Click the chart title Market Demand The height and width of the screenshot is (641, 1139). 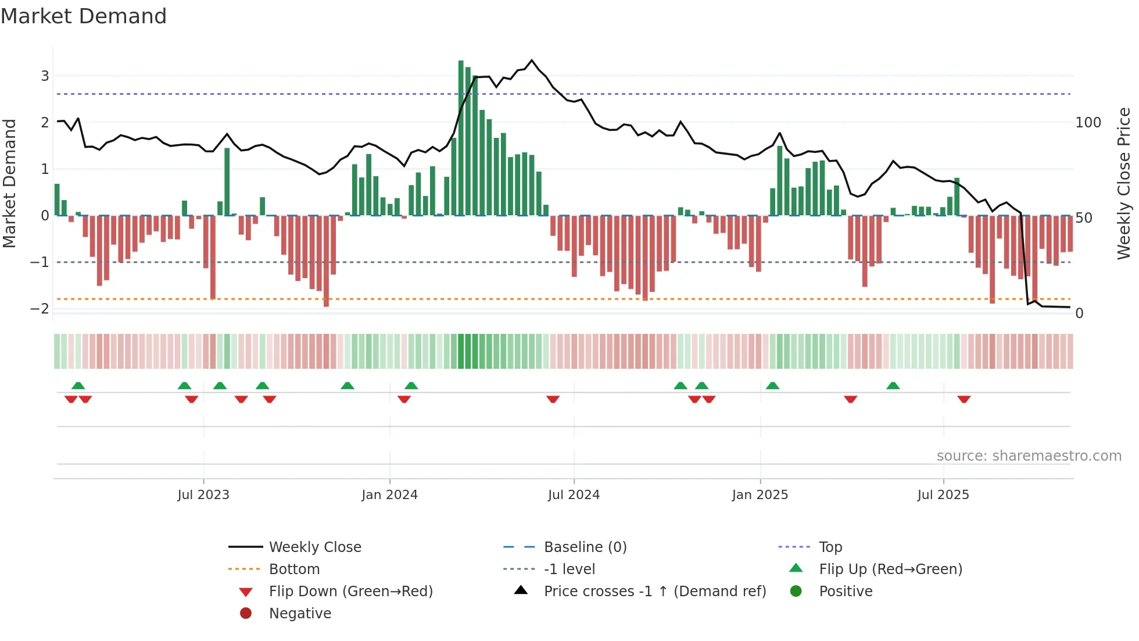point(84,16)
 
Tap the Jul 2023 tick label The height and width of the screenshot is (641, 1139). point(203,495)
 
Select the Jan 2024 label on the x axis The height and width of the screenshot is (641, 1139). point(389,495)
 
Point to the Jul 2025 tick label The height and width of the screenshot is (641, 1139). point(943,495)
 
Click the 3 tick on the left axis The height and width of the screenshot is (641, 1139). point(45,76)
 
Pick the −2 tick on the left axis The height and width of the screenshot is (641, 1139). point(40,308)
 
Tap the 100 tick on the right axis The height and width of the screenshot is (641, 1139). point(1088,123)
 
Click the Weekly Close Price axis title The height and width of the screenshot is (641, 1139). point(1124,183)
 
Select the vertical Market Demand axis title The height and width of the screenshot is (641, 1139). point(9,183)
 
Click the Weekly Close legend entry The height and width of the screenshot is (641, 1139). point(314,547)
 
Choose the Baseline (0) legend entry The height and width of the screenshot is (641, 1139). point(585,547)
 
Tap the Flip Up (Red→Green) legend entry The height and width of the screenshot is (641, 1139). point(890,569)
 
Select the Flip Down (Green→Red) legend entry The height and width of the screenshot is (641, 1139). point(350,592)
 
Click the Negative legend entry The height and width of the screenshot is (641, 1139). point(300,614)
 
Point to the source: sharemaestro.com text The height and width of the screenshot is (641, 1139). point(1029,456)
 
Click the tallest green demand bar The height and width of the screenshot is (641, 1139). point(461,138)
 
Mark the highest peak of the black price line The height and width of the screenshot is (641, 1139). point(531,60)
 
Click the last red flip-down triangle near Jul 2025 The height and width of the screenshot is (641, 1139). point(964,399)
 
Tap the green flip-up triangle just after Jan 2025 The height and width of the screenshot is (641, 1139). point(772,386)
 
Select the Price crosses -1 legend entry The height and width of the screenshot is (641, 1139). point(654,592)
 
